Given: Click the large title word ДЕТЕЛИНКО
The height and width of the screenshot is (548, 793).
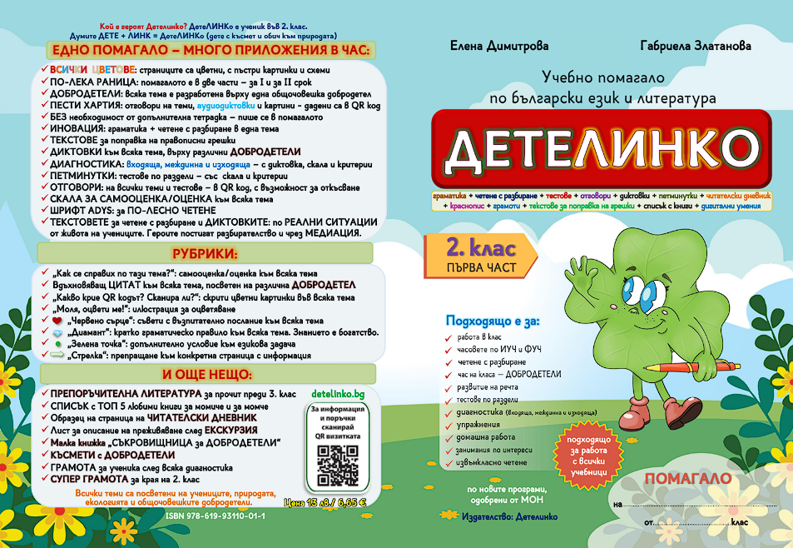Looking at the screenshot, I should point(597,147).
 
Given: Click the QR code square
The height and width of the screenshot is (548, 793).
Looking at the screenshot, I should point(337,466).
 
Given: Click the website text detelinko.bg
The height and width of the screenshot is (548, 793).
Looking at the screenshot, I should point(337,392).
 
